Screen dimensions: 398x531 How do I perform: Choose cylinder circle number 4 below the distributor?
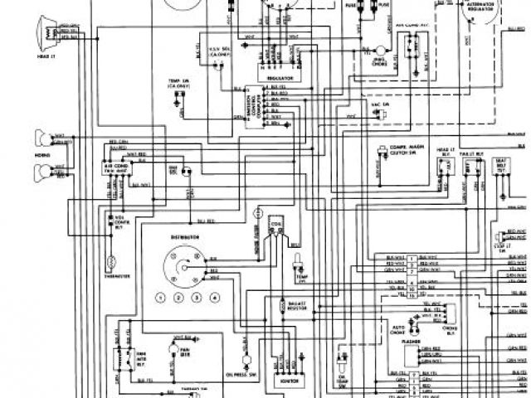[x=215, y=297]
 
